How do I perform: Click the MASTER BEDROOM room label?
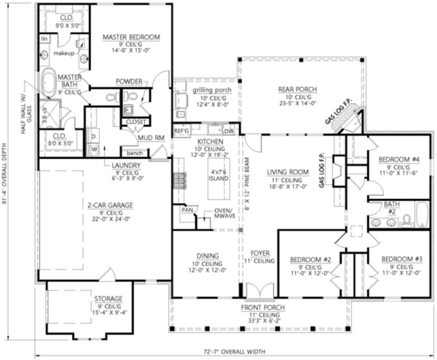[131, 37]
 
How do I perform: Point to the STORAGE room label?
[107, 299]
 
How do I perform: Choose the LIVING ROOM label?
[287, 172]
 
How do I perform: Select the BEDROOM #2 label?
[310, 259]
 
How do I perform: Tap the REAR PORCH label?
[297, 89]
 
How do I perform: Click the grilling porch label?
[211, 89]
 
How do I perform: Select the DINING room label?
[208, 255]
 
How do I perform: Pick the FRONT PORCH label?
[264, 307]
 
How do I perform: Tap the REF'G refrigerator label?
[181, 131]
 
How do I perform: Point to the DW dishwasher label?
[228, 131]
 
